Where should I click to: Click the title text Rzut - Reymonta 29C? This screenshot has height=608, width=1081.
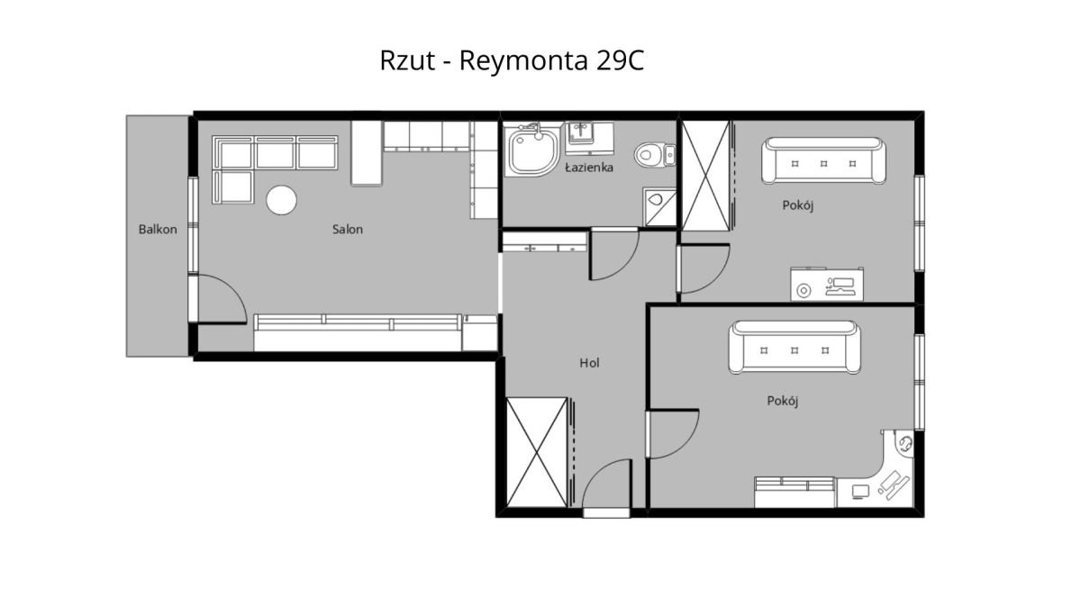tap(512, 61)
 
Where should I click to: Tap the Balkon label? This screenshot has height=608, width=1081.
tap(158, 229)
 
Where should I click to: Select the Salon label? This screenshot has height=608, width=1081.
tap(348, 229)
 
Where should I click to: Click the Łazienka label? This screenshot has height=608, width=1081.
tap(589, 168)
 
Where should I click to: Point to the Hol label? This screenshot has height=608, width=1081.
tap(589, 363)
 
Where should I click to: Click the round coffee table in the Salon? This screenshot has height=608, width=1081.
tap(281, 200)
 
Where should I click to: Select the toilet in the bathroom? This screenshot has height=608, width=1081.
tap(655, 155)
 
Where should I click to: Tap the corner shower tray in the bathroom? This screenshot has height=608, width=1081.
tap(531, 150)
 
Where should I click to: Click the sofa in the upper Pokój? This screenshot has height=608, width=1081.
tap(823, 160)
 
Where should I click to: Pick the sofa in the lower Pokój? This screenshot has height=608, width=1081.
tap(795, 348)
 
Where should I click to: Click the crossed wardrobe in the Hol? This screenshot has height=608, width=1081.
tap(536, 452)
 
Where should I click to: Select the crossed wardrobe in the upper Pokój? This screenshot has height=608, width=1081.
tap(705, 176)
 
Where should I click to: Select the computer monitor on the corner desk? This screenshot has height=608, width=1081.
tap(860, 491)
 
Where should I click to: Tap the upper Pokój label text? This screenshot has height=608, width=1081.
tap(798, 205)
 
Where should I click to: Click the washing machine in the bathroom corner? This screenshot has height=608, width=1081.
tap(659, 207)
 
